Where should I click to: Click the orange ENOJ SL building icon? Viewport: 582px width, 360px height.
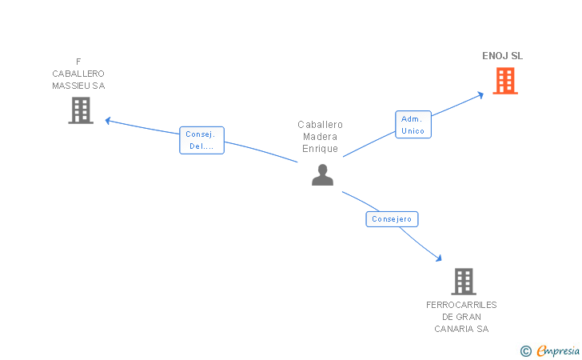click(x=505, y=81)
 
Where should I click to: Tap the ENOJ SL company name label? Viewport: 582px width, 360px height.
click(x=502, y=56)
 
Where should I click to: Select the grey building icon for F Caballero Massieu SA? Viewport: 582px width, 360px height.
click(x=80, y=110)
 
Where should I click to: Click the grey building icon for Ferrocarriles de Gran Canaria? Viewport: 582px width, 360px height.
click(x=464, y=282)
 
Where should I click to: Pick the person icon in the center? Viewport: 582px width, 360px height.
click(x=322, y=175)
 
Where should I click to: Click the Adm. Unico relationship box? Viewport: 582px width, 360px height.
click(x=413, y=125)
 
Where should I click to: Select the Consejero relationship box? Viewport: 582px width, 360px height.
click(x=392, y=219)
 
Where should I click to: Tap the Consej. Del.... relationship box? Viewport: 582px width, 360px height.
click(x=201, y=140)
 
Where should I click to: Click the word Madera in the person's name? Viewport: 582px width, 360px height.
click(x=320, y=137)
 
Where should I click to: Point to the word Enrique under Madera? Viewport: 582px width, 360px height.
click(x=320, y=149)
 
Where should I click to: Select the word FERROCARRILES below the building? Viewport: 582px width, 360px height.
click(x=461, y=305)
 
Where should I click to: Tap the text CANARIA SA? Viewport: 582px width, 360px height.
click(x=461, y=329)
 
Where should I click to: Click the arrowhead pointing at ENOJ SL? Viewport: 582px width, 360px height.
click(x=480, y=94)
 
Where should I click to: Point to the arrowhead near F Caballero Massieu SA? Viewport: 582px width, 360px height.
click(x=108, y=122)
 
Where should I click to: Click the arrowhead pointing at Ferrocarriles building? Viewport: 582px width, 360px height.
click(x=438, y=258)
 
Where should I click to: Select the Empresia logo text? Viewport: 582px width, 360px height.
click(x=559, y=350)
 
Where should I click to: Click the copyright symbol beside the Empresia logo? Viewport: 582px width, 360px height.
click(x=525, y=350)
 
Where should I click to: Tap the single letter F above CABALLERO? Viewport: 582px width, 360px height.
click(x=78, y=62)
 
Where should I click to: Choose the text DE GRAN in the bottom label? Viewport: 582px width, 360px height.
click(x=461, y=317)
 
